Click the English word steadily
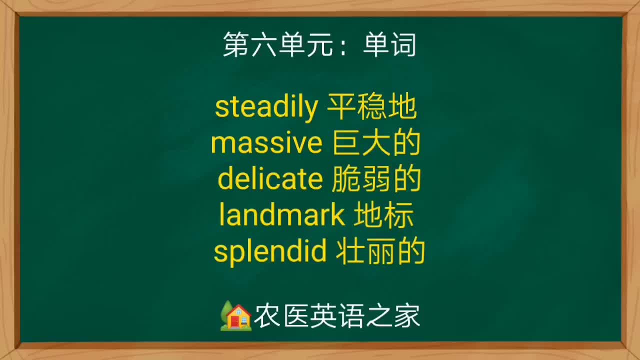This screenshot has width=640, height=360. (266, 107)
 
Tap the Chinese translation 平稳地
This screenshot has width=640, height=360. (371, 107)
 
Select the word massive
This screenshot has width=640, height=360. (266, 143)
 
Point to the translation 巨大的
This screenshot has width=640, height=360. (376, 143)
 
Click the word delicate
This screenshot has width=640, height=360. (270, 179)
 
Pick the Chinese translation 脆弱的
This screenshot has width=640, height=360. (376, 179)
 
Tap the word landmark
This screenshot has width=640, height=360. (282, 215)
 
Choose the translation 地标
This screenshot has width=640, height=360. (384, 215)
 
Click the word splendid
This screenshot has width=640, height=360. (270, 251)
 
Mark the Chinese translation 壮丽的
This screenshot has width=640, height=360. (380, 251)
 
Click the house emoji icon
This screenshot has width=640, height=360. (235, 316)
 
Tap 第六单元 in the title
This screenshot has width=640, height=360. (277, 45)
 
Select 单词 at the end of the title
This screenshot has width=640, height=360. (389, 45)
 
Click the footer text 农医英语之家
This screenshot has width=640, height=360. (336, 316)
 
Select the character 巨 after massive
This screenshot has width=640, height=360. (344, 143)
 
